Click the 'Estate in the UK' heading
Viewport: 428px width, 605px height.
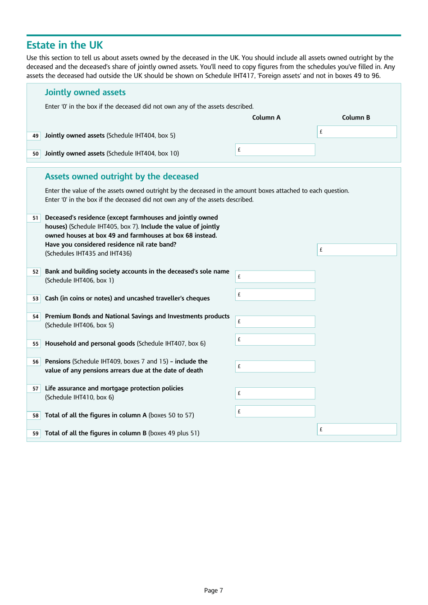click(x=64, y=45)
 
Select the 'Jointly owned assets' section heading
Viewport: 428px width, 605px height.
click(x=85, y=92)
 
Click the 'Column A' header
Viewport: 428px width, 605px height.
click(x=266, y=118)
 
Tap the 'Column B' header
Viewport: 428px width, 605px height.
click(x=355, y=118)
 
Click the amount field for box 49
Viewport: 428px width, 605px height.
click(x=357, y=132)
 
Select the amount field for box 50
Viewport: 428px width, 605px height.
click(x=275, y=150)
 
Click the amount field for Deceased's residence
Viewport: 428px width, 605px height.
click(x=357, y=250)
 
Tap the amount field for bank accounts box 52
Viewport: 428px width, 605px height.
click(x=275, y=277)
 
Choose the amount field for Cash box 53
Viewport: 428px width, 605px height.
click(x=275, y=295)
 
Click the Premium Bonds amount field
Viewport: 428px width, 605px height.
click(x=275, y=321)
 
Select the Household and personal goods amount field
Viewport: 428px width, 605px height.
click(x=275, y=339)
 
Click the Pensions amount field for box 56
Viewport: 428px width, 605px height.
click(x=275, y=367)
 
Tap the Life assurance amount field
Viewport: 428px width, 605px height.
click(x=275, y=393)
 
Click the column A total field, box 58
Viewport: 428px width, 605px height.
click(x=275, y=411)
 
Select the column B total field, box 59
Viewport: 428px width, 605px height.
click(x=357, y=429)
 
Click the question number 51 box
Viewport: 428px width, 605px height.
click(x=35, y=218)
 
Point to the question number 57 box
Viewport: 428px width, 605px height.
click(x=35, y=389)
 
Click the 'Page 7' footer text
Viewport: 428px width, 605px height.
click(x=214, y=590)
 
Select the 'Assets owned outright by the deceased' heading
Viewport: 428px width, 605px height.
click(x=122, y=177)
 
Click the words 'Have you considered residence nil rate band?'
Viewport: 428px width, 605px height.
click(x=110, y=244)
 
